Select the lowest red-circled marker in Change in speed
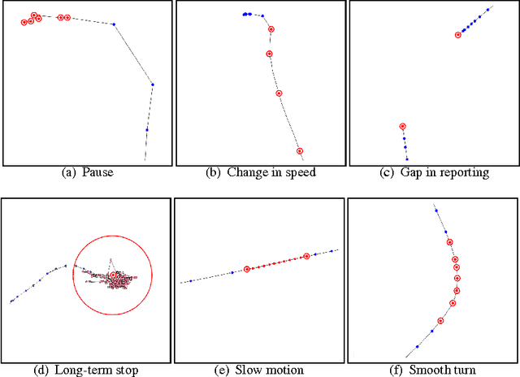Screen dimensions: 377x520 pos(300,151)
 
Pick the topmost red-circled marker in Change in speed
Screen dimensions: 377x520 pos(271,29)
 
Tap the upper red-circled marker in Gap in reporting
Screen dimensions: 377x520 pos(458,35)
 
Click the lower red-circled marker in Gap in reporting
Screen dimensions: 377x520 pos(402,127)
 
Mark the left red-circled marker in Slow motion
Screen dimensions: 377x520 pos(247,269)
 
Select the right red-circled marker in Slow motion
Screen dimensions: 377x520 pos(306,257)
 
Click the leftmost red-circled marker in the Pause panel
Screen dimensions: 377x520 pos(24,23)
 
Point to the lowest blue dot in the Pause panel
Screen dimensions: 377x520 pos(147,129)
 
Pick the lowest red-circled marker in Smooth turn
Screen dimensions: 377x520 pos(440,321)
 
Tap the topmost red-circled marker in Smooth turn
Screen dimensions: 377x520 pos(449,242)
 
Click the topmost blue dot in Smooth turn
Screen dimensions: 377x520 pos(436,210)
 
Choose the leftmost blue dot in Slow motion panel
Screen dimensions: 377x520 pos(191,281)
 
